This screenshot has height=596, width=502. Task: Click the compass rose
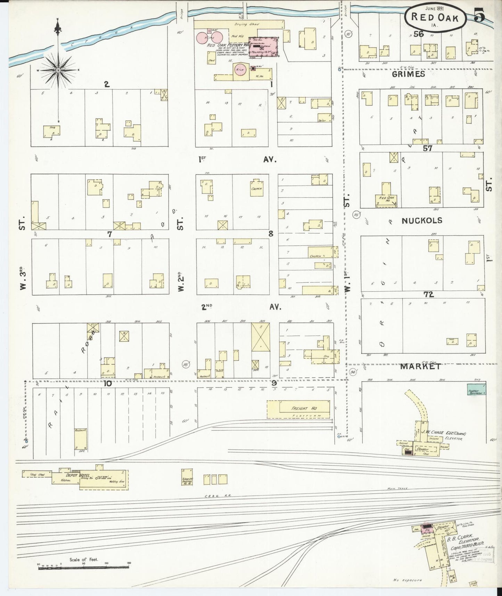[x=58, y=70]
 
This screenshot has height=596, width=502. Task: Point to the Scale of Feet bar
[x=83, y=567]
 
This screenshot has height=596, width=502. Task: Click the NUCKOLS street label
[x=422, y=220]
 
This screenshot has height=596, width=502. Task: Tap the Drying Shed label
[x=245, y=24]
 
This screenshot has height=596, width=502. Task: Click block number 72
[x=428, y=295]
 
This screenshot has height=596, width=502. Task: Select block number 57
[x=427, y=148]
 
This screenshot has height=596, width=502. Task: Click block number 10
[x=107, y=384]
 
